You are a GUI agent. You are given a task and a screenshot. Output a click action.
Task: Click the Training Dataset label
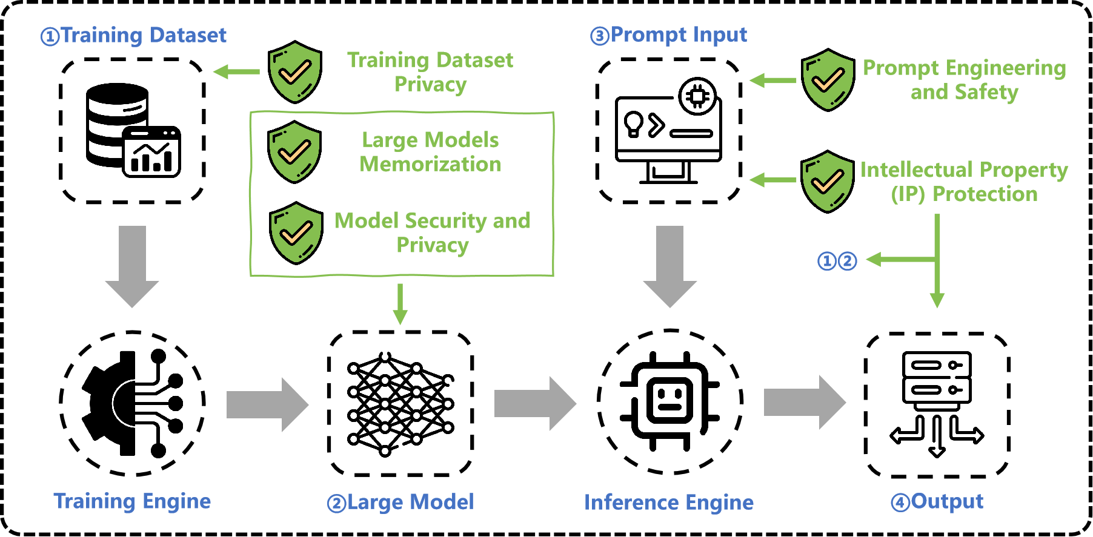pos(134,35)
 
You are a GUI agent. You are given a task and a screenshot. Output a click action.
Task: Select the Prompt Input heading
pos(669,35)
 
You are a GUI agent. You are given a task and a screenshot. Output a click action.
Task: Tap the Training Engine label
pos(132,501)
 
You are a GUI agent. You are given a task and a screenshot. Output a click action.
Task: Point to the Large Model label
pos(400,502)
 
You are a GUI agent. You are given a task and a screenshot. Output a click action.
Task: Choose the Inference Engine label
pos(669,502)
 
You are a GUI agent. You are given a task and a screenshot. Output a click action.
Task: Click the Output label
pos(937,502)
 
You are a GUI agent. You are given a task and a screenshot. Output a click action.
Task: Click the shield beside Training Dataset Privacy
pos(295,72)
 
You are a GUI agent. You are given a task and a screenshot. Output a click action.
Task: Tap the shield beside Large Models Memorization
pos(294,152)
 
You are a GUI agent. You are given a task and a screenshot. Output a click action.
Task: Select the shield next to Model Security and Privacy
pos(296,233)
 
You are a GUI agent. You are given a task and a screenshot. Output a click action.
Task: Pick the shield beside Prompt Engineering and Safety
pos(828,80)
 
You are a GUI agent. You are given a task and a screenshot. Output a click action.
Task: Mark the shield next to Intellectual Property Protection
pos(827,181)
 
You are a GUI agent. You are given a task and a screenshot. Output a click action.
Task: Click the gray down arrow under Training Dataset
pos(132,266)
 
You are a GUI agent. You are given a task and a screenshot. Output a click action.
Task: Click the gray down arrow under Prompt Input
pos(670,266)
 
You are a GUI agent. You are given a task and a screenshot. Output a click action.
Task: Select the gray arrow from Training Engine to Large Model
pos(267,404)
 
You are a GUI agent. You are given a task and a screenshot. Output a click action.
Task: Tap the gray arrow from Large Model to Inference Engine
pos(535,403)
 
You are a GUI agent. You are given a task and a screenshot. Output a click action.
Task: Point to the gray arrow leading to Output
pos(805,402)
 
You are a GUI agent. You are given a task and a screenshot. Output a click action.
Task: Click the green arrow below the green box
pos(400,304)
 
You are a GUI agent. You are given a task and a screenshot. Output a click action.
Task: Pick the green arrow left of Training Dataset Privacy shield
pos(236,72)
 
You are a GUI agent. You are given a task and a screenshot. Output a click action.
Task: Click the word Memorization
pos(430,164)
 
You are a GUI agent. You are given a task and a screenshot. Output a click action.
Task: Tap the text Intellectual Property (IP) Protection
pos(964,182)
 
